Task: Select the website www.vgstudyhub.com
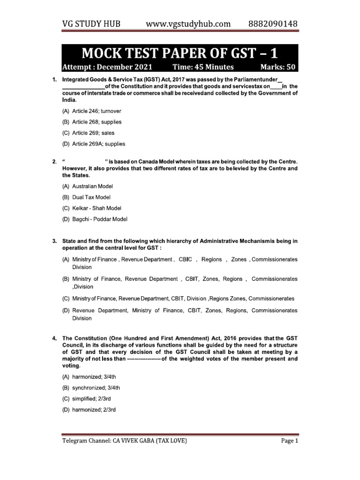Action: click(x=188, y=23)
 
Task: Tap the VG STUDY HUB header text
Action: click(x=90, y=23)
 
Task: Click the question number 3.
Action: click(x=54, y=241)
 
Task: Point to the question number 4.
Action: click(x=54, y=338)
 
